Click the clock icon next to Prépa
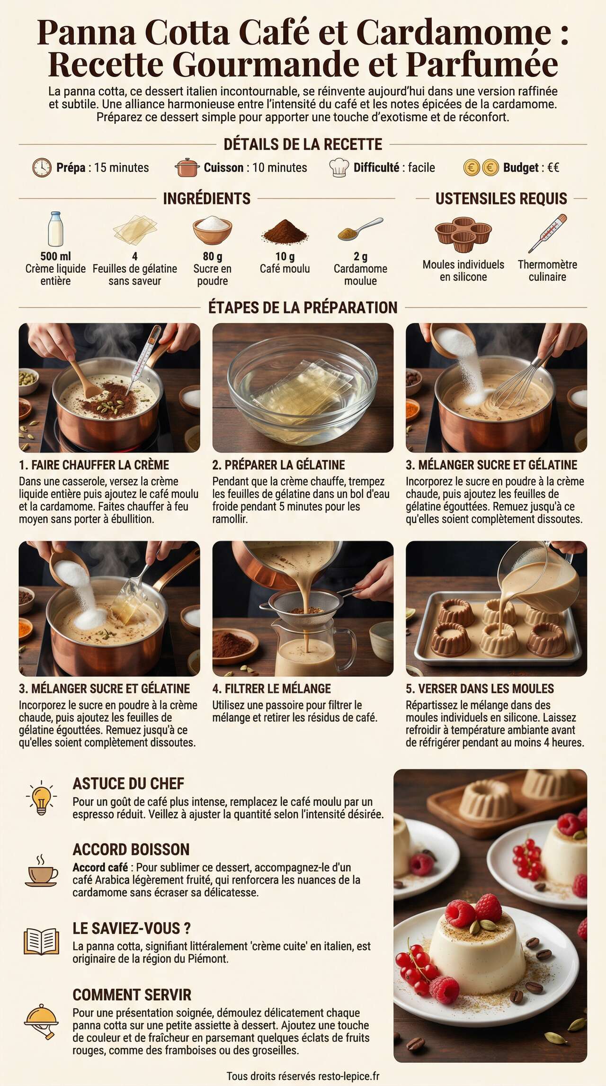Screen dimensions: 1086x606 pyautogui.click(x=42, y=168)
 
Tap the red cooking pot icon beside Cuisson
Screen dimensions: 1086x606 pyautogui.click(x=187, y=168)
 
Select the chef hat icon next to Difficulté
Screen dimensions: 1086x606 pyautogui.click(x=339, y=168)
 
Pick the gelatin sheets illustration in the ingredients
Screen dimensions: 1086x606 pyautogui.click(x=135, y=229)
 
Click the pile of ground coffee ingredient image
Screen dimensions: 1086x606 pyautogui.click(x=285, y=231)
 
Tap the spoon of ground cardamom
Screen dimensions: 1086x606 pyautogui.click(x=360, y=229)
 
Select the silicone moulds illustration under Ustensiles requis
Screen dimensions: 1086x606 pyautogui.click(x=463, y=234)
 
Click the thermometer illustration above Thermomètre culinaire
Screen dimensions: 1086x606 pyautogui.click(x=548, y=233)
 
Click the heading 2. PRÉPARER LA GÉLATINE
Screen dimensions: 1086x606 pyautogui.click(x=278, y=465)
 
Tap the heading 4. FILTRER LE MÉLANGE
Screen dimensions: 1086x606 pyautogui.click(x=271, y=689)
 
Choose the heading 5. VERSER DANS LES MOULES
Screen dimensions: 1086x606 pyautogui.click(x=480, y=689)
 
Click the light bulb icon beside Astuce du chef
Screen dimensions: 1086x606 pyautogui.click(x=42, y=797)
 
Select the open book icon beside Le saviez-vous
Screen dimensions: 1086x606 pyautogui.click(x=41, y=942)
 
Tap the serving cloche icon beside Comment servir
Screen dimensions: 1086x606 pyautogui.click(x=42, y=1022)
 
